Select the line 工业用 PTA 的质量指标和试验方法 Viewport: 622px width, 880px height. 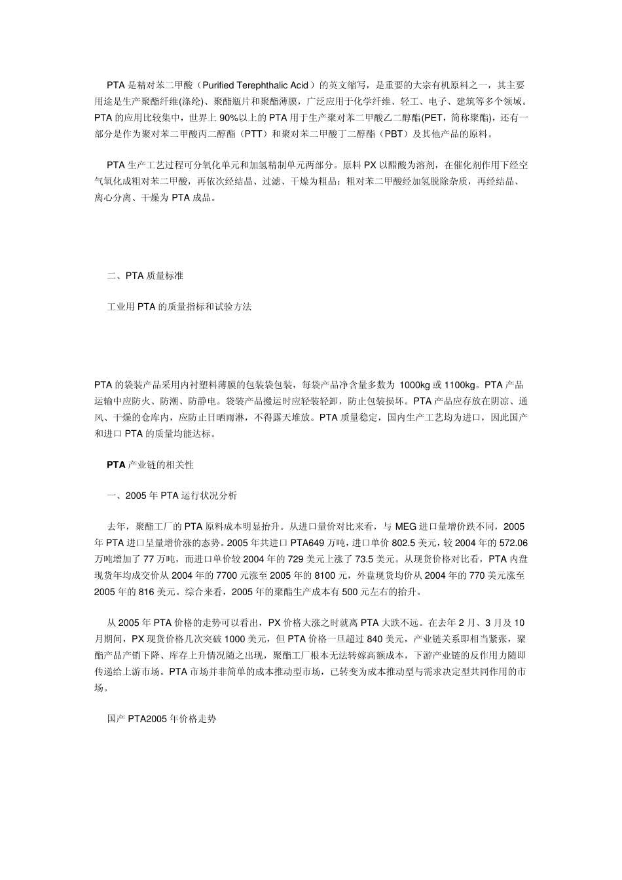tap(179, 306)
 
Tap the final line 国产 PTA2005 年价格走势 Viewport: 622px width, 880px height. tap(162, 719)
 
